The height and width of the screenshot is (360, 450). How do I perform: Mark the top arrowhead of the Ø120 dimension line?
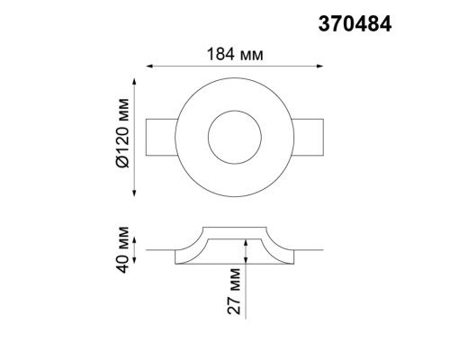point(135,84)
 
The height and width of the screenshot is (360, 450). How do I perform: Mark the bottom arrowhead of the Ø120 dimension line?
point(135,190)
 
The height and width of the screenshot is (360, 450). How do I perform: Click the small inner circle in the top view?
point(233,138)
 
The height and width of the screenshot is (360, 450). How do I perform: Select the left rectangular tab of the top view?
point(161,138)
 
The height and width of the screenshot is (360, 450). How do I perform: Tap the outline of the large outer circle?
point(233,85)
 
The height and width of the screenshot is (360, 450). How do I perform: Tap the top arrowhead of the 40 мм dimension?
point(135,239)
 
